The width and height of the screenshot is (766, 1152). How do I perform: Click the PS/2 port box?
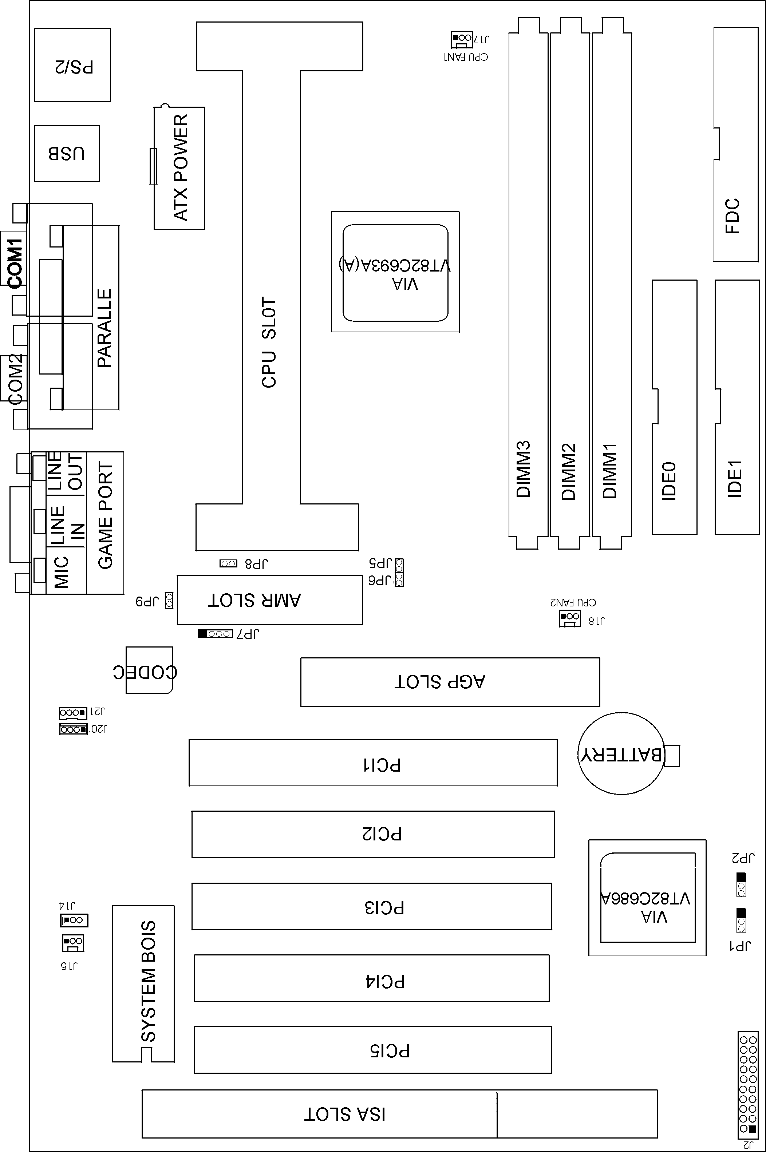click(x=72, y=65)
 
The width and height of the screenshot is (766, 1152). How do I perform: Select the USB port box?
click(x=67, y=153)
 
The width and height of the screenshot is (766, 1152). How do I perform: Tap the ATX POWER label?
click(x=181, y=167)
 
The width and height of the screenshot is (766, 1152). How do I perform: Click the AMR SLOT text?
click(x=254, y=600)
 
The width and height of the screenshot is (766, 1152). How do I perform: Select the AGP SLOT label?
click(x=440, y=682)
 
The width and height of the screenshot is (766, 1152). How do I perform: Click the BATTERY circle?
click(x=621, y=755)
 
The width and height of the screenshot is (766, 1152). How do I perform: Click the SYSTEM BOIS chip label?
click(x=148, y=982)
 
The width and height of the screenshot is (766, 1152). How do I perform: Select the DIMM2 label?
click(x=569, y=472)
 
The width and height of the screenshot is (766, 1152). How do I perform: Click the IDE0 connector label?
click(x=669, y=481)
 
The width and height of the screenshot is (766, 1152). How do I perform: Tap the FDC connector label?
click(x=732, y=216)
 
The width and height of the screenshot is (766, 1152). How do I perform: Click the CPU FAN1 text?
click(x=466, y=57)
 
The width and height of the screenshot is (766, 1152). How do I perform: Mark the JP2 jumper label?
click(x=743, y=857)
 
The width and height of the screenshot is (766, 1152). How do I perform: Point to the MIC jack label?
click(x=62, y=571)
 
